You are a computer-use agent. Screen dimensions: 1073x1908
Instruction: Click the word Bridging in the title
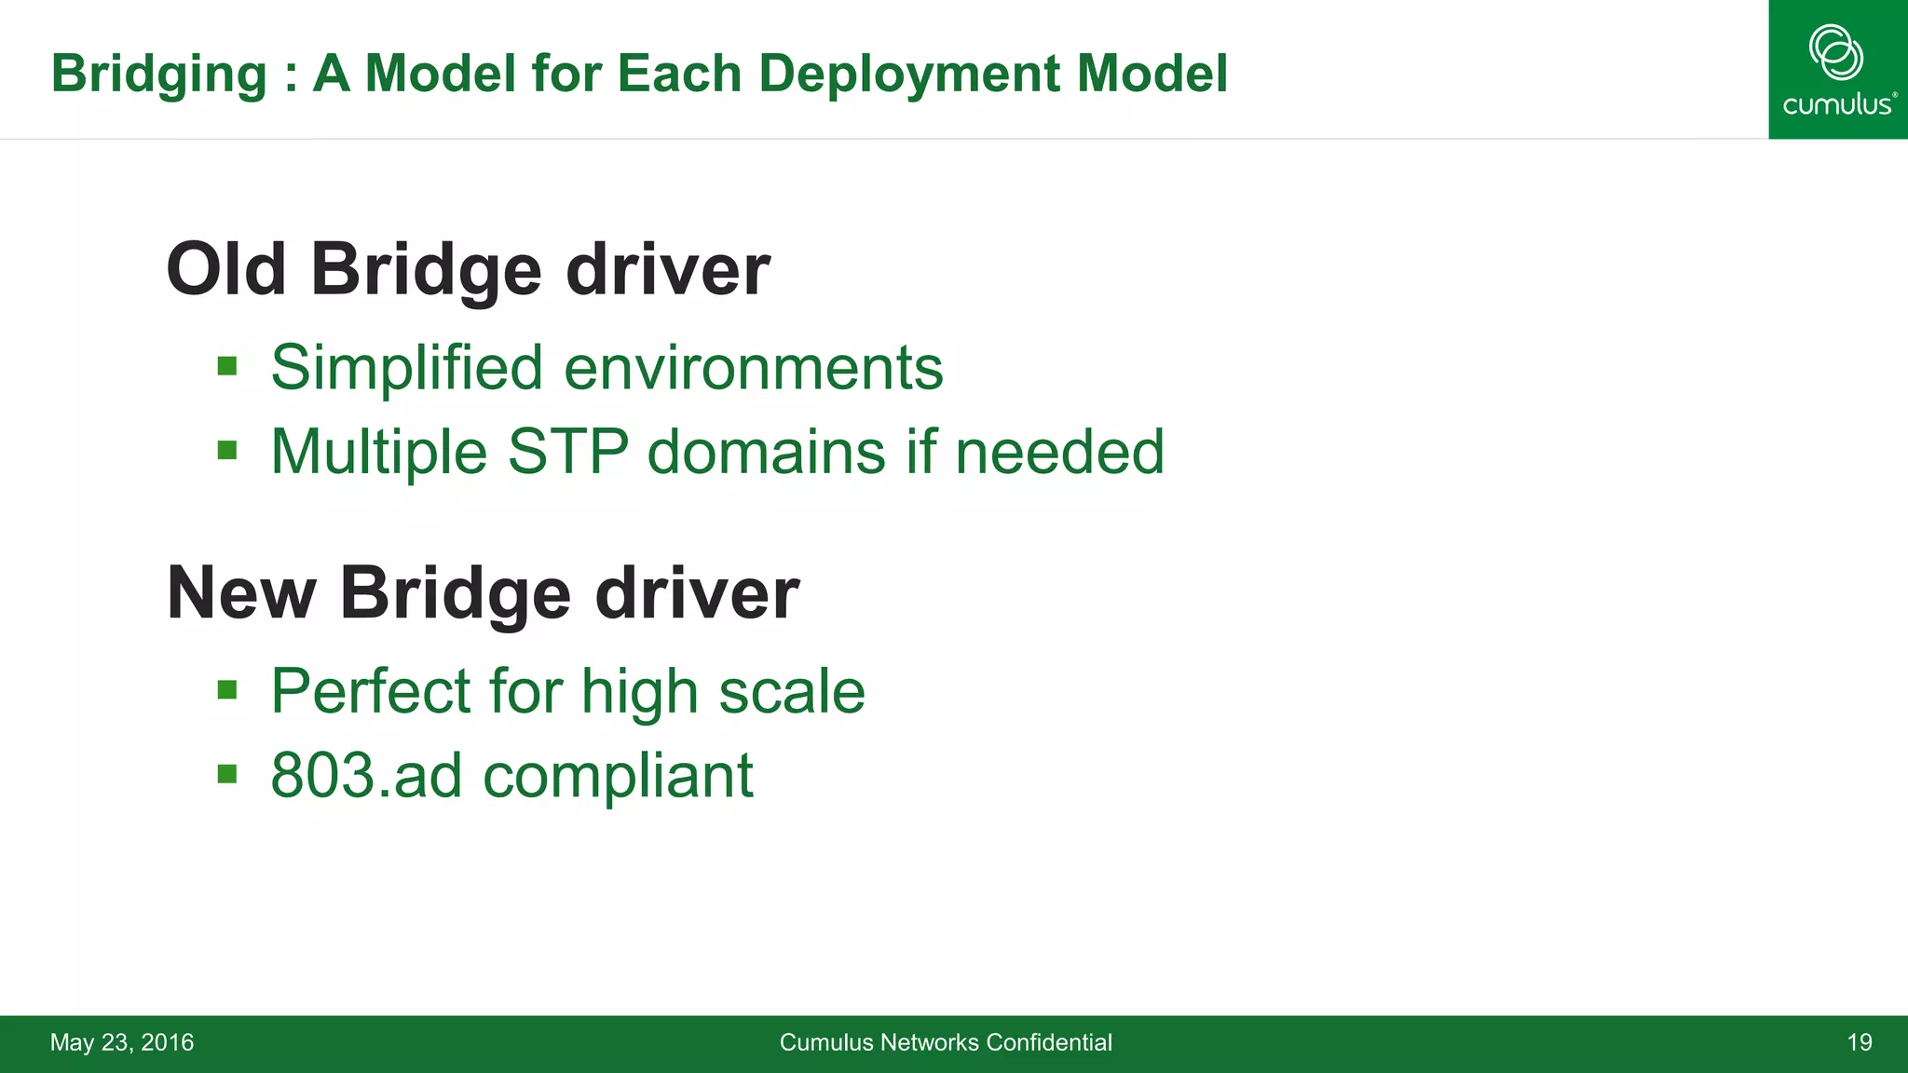pos(159,74)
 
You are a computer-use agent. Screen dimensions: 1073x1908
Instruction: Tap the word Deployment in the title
pos(909,74)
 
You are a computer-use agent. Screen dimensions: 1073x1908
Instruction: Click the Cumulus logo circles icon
pos(1836,51)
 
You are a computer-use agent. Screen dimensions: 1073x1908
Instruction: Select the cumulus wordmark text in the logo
pos(1837,104)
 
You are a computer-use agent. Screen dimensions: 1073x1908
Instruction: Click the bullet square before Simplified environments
pos(227,366)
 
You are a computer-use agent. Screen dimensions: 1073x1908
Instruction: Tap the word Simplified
pos(406,367)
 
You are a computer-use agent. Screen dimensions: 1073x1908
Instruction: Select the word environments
pos(754,367)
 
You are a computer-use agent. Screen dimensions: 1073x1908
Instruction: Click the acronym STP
pos(567,452)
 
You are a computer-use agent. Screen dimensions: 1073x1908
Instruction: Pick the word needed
pos(1059,452)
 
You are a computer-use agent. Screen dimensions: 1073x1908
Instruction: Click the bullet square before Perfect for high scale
pos(227,690)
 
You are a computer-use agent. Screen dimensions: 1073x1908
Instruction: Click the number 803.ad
pos(366,775)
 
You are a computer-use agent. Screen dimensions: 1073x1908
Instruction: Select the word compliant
pos(618,777)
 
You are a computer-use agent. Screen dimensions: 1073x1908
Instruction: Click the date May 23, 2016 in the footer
pos(122,1042)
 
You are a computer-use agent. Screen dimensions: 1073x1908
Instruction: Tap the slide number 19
pos(1860,1042)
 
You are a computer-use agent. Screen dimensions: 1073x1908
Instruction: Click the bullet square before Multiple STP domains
pos(227,451)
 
